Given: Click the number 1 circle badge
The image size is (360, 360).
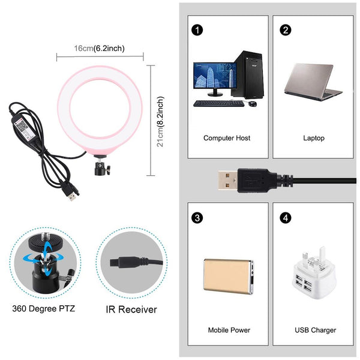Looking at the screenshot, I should tap(196, 29).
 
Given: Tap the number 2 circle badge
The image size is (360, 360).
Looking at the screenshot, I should tap(286, 29).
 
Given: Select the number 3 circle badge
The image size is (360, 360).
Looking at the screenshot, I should tap(196, 216).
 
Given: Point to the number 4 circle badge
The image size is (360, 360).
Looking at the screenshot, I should tap(286, 216).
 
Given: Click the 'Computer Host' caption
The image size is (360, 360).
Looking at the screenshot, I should tap(227, 138).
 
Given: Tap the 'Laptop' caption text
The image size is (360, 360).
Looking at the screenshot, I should tap(314, 138).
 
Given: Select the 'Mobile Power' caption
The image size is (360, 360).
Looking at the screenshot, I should tap(229, 330).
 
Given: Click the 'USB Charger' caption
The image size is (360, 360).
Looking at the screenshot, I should tap(316, 330).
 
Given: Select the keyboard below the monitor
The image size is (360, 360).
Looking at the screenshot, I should tap(219, 103).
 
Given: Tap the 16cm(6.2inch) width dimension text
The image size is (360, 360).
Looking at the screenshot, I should tap(100, 48).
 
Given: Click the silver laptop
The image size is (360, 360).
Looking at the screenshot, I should tap(313, 82).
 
